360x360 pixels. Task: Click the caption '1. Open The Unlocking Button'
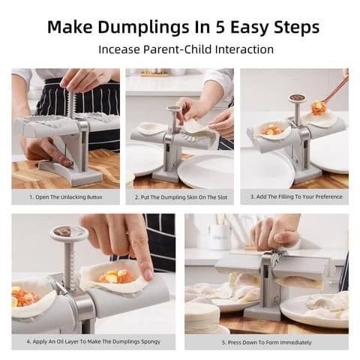(65, 197)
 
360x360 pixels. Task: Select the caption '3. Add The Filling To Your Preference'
(294, 197)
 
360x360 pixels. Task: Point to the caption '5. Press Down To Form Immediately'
(267, 342)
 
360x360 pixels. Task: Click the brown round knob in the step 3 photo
(298, 97)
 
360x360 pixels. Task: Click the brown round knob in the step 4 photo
(64, 232)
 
